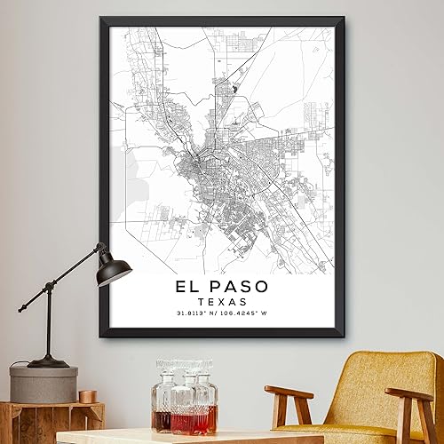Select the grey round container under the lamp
coord(44,384)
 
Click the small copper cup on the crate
coord(87,396)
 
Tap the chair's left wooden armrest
coord(288,392)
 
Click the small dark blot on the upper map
coord(234,88)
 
